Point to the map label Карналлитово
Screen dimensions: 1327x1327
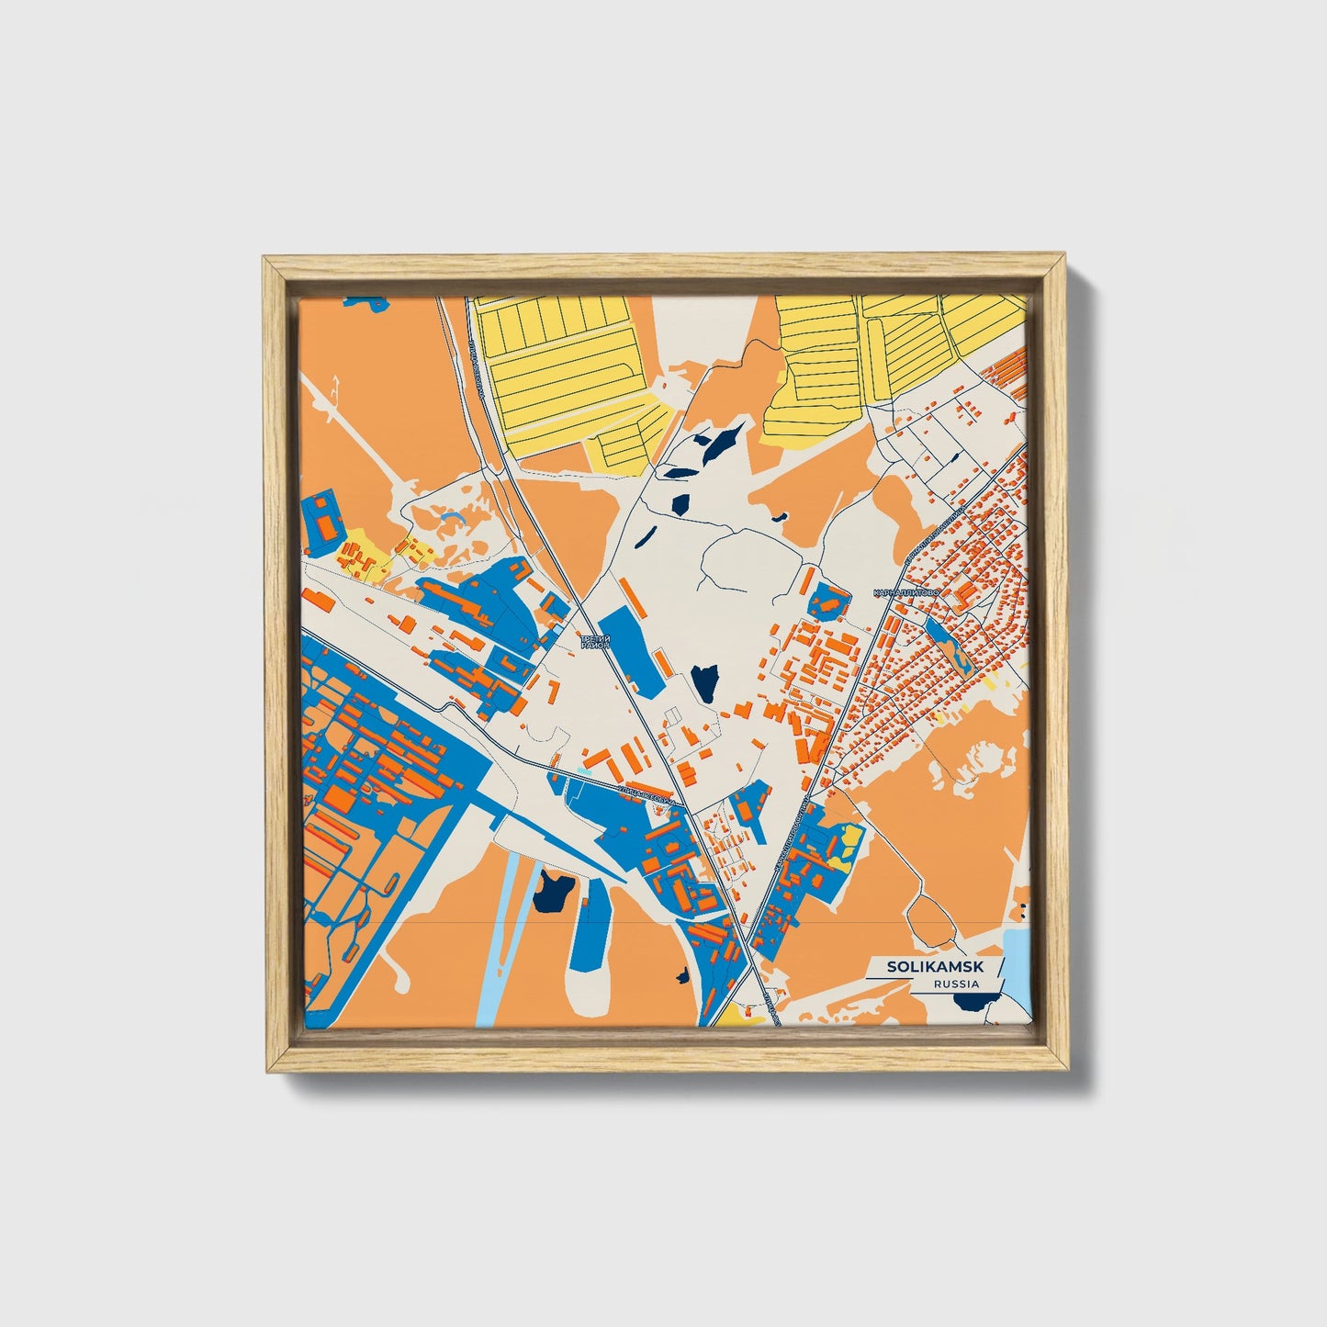coord(906,594)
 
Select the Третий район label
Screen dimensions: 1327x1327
coord(594,642)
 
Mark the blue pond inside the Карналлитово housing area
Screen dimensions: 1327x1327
coord(946,643)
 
